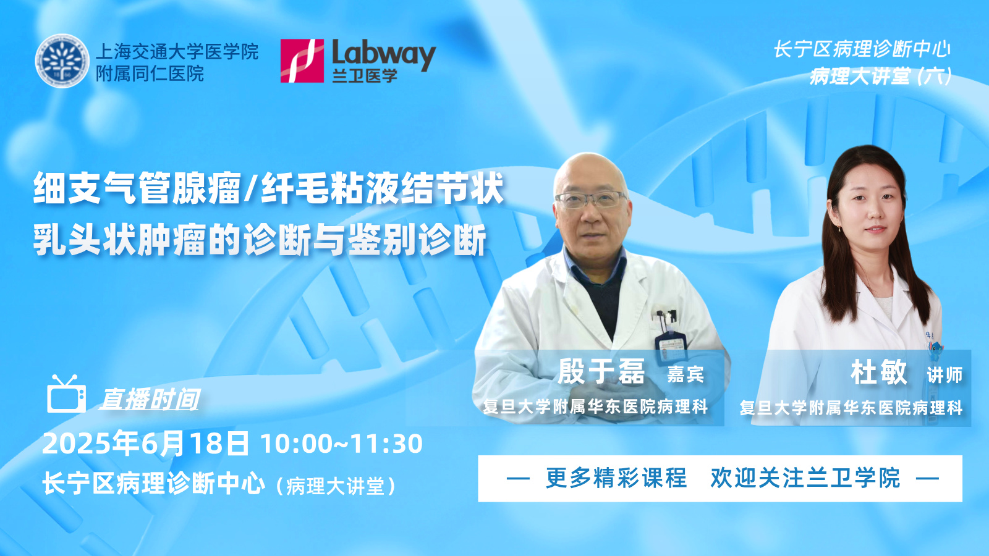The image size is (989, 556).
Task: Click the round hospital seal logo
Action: (x=62, y=61)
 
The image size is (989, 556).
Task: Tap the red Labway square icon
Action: (x=302, y=61)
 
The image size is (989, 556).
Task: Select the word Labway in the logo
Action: (x=384, y=54)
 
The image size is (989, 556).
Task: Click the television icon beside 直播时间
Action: (x=66, y=394)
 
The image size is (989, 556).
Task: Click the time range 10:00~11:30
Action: (x=342, y=444)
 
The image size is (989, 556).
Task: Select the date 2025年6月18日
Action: (x=145, y=444)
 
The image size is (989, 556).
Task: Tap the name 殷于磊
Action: (x=601, y=371)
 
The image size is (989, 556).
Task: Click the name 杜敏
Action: (x=878, y=373)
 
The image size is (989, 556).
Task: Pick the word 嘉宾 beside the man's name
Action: (x=686, y=374)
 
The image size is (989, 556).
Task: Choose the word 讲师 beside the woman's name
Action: (x=944, y=376)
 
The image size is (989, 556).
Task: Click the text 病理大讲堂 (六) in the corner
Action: (x=880, y=77)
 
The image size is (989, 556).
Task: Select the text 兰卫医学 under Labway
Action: (x=365, y=75)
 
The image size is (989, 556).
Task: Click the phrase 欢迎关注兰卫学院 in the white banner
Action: (x=805, y=478)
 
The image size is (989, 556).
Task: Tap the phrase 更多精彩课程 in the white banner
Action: (x=616, y=478)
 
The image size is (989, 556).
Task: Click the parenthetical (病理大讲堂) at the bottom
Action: (x=336, y=486)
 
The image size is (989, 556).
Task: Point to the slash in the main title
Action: (x=251, y=189)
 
